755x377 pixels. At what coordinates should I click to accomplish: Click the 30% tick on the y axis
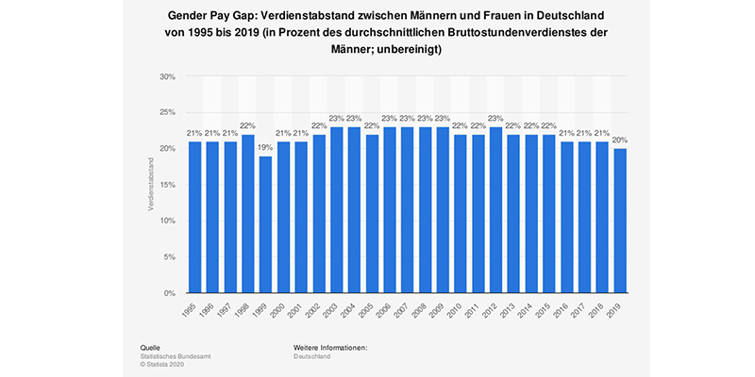tap(167, 76)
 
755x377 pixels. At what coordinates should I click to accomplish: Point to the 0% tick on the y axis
tap(170, 293)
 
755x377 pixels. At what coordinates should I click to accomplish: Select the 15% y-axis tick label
tap(167, 185)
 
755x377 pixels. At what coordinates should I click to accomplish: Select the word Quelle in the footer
tap(149, 348)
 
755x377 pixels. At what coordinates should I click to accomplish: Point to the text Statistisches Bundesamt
tap(178, 356)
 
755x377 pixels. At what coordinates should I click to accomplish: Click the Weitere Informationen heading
tap(330, 348)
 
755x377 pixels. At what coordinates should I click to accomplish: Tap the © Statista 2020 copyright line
tap(166, 365)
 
